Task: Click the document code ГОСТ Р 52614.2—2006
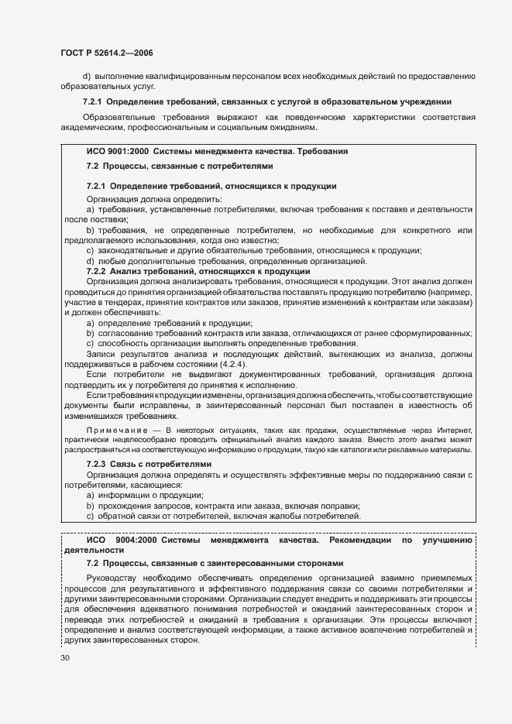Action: tap(108, 53)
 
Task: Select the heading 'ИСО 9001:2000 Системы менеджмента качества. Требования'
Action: tap(217, 152)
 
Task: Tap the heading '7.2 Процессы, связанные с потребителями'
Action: tap(179, 166)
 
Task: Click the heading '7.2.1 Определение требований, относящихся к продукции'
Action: tap(211, 187)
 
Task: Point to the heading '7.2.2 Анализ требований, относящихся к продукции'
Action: tap(198, 271)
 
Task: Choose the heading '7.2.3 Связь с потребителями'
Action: tap(149, 464)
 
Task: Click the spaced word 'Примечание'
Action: tap(116, 430)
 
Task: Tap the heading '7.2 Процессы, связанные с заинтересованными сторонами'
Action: tap(215, 563)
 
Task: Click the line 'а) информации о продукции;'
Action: tap(144, 495)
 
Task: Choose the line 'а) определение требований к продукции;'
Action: tap(170, 322)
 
